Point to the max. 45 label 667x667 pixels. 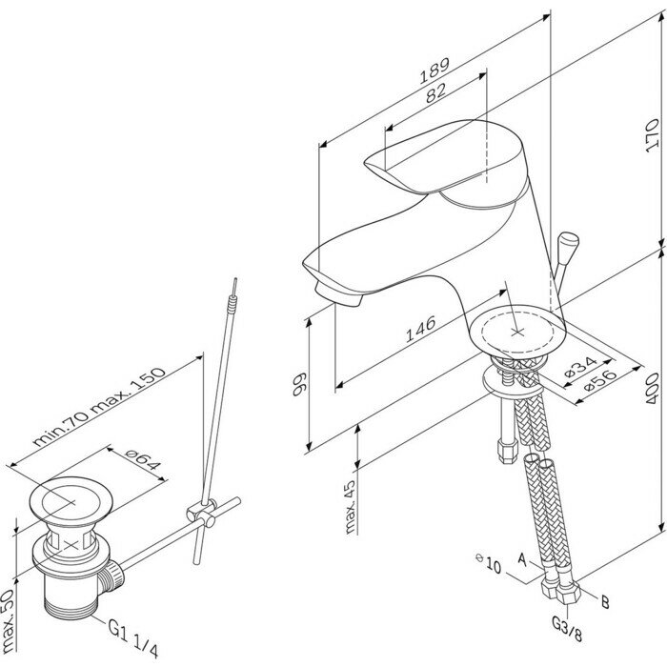click(350, 505)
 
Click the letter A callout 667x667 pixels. click(521, 556)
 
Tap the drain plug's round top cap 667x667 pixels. click(63, 501)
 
